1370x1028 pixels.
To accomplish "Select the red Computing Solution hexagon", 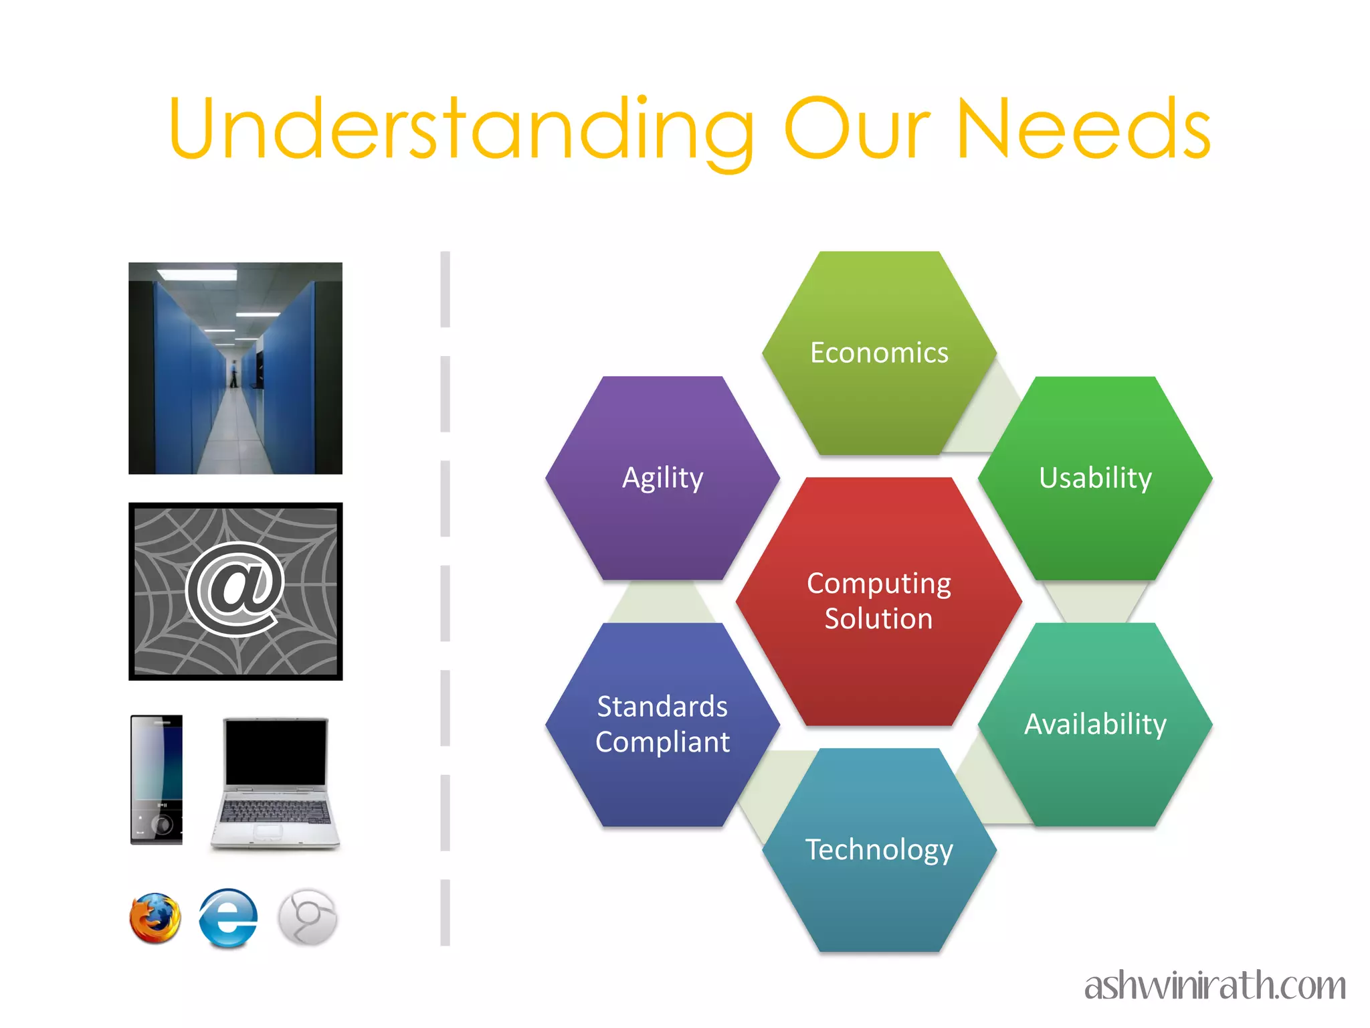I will point(878,601).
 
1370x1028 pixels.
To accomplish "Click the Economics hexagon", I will point(879,353).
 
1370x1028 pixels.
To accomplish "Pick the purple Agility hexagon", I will point(662,478).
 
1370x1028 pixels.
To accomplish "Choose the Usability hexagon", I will point(1095,478).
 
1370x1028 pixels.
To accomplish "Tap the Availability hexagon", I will point(1095,724).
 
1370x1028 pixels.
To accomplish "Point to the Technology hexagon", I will point(879,849).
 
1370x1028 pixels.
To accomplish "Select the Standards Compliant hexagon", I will point(662,724).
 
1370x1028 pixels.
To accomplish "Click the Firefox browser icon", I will point(155,918).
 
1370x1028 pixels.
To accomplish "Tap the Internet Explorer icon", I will point(228,918).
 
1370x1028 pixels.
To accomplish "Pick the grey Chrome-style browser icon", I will point(308,918).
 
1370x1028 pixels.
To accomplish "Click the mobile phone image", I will point(157,780).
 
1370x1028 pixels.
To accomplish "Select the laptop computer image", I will point(275,783).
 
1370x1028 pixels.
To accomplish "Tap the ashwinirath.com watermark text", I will point(1215,986).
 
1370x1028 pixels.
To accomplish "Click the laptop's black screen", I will point(276,752).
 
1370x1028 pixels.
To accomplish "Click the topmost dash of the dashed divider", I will point(446,289).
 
